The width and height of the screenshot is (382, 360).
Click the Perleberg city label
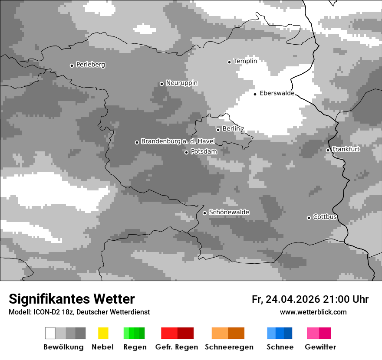90,65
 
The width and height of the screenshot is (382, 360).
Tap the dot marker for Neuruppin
161,84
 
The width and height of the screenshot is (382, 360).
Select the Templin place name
245,61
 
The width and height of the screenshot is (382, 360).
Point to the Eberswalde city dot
255,94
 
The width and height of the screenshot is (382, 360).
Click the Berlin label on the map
231,129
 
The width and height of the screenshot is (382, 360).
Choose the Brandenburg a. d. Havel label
178,141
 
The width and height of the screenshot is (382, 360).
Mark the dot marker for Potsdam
186,152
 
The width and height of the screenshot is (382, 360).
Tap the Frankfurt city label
346,149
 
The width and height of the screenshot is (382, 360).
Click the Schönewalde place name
229,212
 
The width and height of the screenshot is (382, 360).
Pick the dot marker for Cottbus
309,218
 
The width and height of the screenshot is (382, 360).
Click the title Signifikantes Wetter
72,299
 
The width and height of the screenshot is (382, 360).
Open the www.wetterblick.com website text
313,312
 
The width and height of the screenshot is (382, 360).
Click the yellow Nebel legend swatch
103,333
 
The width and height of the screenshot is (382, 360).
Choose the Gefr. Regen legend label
177,347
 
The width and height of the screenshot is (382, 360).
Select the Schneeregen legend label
229,347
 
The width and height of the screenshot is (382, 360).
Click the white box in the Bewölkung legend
50,333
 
